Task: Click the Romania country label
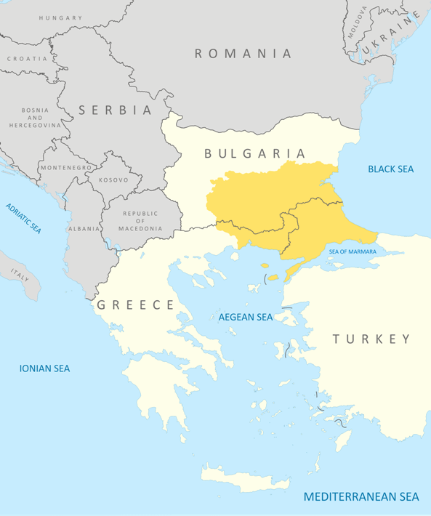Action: (x=243, y=53)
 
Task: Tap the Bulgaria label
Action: (x=254, y=153)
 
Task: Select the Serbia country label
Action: (x=116, y=110)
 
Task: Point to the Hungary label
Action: (x=61, y=17)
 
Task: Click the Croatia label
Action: (x=28, y=58)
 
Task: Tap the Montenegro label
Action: (x=66, y=167)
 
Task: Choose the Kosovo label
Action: (x=113, y=180)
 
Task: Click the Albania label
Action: (x=84, y=228)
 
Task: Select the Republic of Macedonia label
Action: (x=142, y=221)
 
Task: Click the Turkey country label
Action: (x=371, y=339)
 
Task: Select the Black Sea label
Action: (x=390, y=169)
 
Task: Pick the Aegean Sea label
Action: (x=246, y=317)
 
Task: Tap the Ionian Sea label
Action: (x=44, y=368)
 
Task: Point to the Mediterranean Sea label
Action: (x=361, y=497)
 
